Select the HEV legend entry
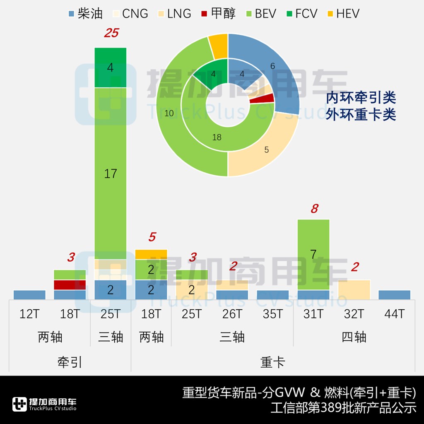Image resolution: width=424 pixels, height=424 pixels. [x=347, y=14]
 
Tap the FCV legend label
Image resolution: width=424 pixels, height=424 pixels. [x=306, y=14]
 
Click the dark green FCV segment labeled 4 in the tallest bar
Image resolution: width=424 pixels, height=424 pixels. [x=110, y=67]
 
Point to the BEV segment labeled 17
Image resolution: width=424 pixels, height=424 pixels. [x=110, y=173]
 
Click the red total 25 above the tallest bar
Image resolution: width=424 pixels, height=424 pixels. [x=111, y=33]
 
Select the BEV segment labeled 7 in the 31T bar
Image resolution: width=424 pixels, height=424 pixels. [x=313, y=254]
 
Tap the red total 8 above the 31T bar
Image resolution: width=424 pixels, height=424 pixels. [x=314, y=209]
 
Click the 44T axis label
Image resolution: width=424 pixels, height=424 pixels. [x=394, y=314]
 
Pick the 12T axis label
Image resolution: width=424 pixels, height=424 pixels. [x=29, y=314]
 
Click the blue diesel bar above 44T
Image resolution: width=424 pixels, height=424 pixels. [x=394, y=294]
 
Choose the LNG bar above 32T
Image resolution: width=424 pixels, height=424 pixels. [x=354, y=289]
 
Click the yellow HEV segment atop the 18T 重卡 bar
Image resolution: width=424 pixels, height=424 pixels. [x=151, y=254]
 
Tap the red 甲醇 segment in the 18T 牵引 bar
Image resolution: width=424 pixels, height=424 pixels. [x=70, y=285]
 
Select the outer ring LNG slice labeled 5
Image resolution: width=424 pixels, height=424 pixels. [x=267, y=149]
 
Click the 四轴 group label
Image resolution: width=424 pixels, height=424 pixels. [x=354, y=337]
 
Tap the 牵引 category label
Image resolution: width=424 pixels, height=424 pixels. [x=70, y=362]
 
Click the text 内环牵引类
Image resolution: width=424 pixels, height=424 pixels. [x=361, y=98]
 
